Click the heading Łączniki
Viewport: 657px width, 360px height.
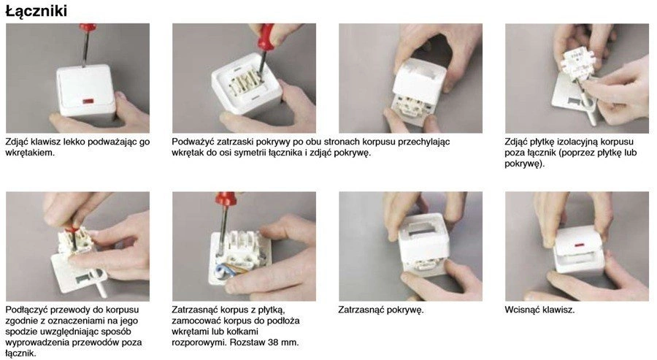point(36,10)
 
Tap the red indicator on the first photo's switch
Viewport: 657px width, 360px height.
point(88,102)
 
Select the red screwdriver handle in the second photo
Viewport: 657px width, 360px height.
point(265,37)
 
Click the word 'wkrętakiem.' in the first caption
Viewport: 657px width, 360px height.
point(30,153)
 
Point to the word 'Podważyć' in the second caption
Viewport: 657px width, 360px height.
point(192,142)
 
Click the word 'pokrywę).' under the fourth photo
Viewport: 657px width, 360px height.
point(525,164)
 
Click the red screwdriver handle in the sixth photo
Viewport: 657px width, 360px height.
point(226,199)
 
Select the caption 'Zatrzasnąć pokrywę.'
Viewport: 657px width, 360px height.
point(381,310)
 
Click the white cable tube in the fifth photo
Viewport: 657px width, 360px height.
point(101,287)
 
